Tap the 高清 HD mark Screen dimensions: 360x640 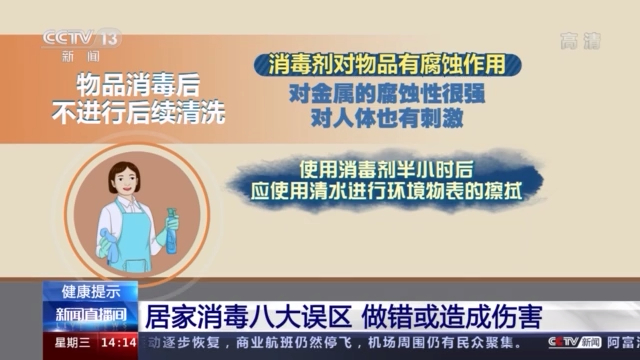pyautogui.click(x=579, y=41)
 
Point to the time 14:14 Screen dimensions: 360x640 pyautogui.click(x=117, y=344)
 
